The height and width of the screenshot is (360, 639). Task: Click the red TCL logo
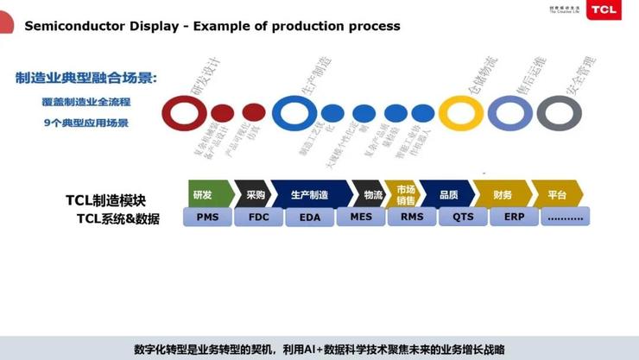(x=604, y=10)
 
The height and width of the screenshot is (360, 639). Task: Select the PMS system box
(x=207, y=216)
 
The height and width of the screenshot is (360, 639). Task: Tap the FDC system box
(x=259, y=216)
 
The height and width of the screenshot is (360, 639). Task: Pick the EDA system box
(x=309, y=217)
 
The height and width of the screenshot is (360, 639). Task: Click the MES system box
(x=361, y=216)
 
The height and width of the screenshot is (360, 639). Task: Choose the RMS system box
(x=412, y=216)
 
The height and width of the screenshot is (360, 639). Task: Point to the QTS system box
(x=463, y=216)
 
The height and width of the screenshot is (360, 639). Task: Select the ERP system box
(x=514, y=216)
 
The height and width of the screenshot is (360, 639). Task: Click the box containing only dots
(x=566, y=216)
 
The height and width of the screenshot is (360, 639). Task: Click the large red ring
(x=183, y=112)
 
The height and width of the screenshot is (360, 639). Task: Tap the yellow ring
(x=460, y=112)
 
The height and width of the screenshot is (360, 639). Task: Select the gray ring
(x=559, y=112)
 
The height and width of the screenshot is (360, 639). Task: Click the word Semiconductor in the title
(x=67, y=26)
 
